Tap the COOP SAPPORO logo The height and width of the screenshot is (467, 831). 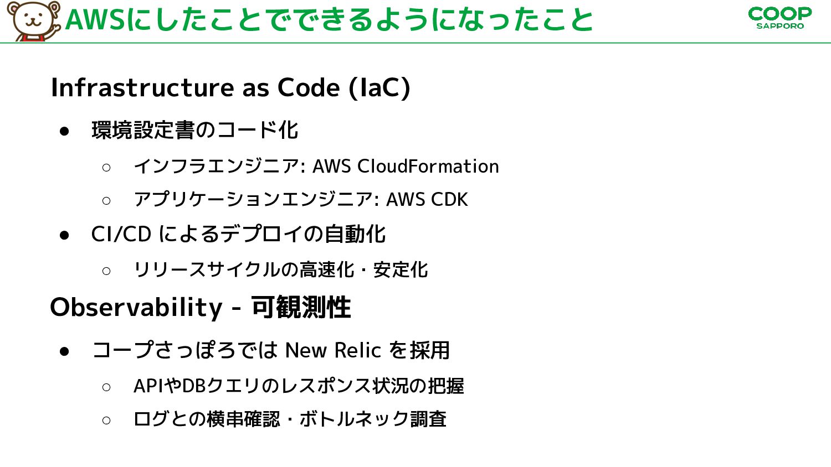coord(780,18)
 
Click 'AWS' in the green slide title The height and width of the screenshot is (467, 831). coord(95,20)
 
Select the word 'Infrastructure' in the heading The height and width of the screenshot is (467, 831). coord(142,88)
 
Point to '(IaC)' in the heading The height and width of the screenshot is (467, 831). coord(379,88)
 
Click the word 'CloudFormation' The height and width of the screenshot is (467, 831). coord(428,166)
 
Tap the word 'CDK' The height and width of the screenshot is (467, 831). coord(449,199)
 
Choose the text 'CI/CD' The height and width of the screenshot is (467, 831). coord(121,234)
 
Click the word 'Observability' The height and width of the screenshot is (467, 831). coord(136,307)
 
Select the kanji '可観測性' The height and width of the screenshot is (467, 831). coord(301,307)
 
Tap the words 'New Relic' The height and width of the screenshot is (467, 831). coord(333,350)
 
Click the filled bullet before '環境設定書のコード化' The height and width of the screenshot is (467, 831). coord(64,131)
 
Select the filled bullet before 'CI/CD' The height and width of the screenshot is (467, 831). coord(64,235)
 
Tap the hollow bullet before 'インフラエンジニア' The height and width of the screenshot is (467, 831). coord(106,168)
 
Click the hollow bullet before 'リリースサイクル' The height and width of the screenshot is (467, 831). coord(106,271)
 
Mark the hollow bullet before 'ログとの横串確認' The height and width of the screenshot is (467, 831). coord(106,421)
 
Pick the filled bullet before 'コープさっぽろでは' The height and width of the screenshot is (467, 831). coord(64,351)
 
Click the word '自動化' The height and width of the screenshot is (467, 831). coord(355,234)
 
